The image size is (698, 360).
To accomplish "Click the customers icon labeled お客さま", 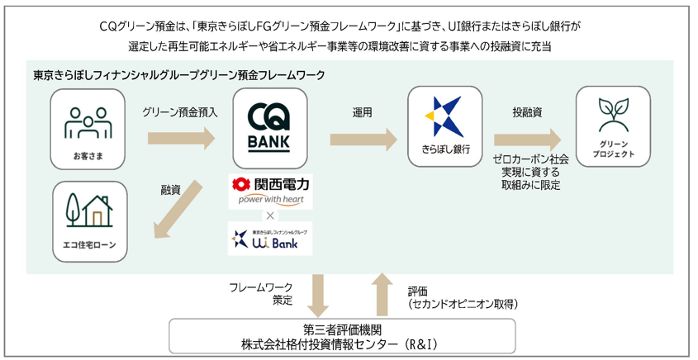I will [88, 128].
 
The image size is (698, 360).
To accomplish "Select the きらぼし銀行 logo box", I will [445, 128].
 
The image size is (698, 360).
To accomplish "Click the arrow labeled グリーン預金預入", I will [179, 136].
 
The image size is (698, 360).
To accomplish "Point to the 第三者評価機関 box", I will [342, 335].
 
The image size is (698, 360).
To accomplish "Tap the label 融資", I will [171, 190].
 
